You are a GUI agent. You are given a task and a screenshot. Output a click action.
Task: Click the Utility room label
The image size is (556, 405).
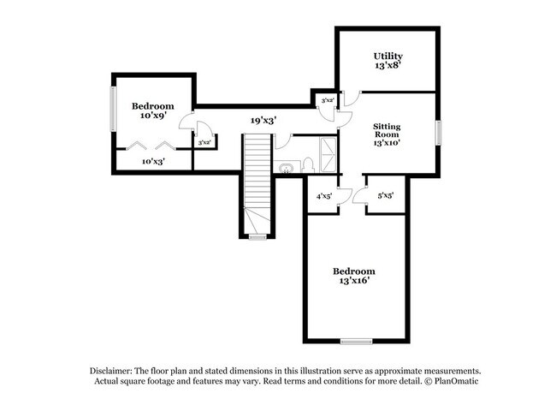tap(387, 57)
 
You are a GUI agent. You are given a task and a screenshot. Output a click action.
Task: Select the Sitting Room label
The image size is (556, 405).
tap(387, 130)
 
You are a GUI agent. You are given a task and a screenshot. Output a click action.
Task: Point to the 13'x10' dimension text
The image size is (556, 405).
tap(387, 143)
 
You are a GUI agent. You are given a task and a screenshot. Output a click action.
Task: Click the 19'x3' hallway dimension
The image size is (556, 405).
tap(263, 121)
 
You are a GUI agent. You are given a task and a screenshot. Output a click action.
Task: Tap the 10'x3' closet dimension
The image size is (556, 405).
tap(153, 160)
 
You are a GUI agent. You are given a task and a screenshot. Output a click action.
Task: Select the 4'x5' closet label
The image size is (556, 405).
tap(324, 197)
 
